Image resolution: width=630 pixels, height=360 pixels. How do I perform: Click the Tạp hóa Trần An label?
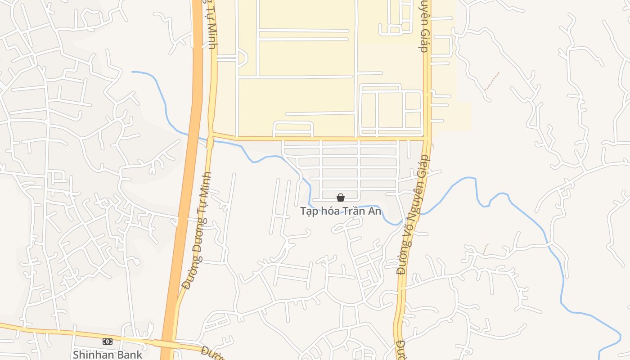341,211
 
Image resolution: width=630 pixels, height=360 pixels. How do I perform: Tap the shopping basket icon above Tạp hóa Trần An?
341,198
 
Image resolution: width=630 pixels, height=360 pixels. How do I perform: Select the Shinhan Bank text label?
108,354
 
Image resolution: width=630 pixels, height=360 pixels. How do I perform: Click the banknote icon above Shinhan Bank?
108,342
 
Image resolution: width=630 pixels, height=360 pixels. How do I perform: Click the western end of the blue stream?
132,72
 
